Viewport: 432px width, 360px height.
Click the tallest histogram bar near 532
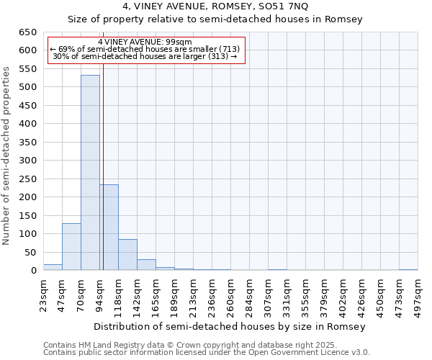tap(90, 173)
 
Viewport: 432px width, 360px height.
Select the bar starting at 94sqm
tap(109, 227)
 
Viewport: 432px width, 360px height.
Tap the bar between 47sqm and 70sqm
tap(71, 247)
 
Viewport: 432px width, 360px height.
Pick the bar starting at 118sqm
tap(127, 255)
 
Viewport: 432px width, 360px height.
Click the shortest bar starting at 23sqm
tap(53, 267)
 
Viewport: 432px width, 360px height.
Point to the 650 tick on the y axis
tap(27, 32)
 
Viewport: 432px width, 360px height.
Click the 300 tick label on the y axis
tap(27, 161)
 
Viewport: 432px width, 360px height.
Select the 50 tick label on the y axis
tap(30, 252)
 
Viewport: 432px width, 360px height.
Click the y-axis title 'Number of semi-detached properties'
tap(7, 156)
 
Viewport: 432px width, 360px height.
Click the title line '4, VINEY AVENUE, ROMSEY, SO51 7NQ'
tap(215, 7)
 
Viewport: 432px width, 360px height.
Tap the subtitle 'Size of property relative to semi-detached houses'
tap(215, 19)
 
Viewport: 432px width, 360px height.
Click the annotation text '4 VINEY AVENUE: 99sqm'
tap(145, 42)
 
